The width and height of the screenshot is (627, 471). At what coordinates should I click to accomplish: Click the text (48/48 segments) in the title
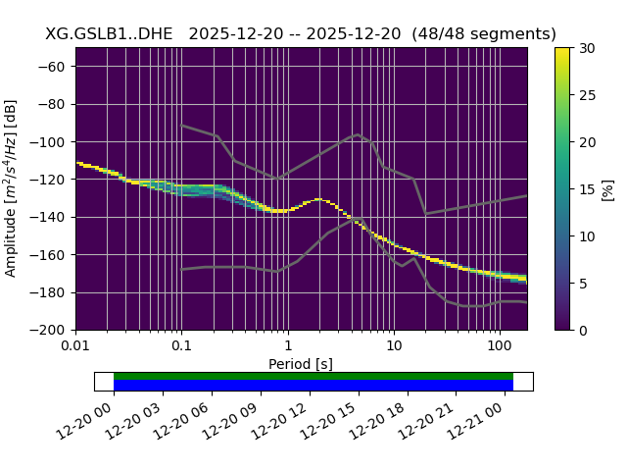(484, 34)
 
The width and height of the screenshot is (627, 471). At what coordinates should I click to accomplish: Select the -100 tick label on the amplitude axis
(51, 142)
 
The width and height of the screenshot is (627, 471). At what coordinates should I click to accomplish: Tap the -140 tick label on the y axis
(51, 218)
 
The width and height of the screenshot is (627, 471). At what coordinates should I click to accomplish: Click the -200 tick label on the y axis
(51, 331)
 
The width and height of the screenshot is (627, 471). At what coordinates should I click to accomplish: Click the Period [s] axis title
(301, 364)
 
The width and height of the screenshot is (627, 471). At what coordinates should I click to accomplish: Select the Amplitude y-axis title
(12, 189)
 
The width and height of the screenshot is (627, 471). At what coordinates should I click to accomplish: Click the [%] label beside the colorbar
(608, 189)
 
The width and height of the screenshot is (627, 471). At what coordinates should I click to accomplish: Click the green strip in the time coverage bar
(313, 376)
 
